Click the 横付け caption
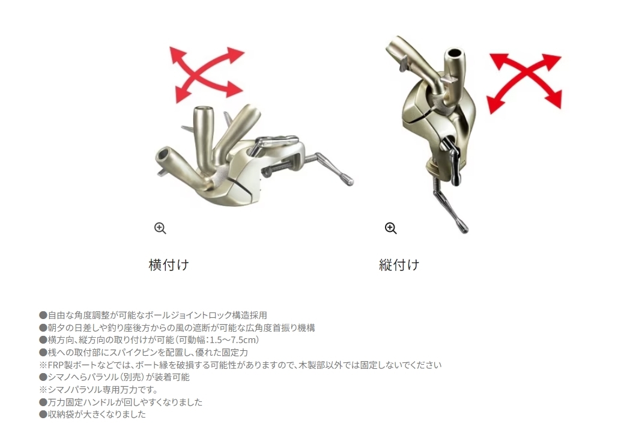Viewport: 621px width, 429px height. click(169, 264)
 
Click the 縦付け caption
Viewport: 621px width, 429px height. click(399, 264)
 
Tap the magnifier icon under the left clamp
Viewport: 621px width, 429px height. click(160, 228)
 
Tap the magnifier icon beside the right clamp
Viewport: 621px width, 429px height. click(390, 228)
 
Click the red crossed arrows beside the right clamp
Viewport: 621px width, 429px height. click(525, 82)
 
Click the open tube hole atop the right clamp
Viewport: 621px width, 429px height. click(454, 53)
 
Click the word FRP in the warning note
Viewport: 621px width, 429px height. click(55, 365)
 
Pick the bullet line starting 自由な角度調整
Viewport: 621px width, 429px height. click(153, 315)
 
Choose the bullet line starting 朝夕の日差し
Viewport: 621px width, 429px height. click(177, 327)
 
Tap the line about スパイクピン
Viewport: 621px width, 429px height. click(144, 353)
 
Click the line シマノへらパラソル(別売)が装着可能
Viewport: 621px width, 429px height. click(114, 377)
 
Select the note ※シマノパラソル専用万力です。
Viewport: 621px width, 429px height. click(98, 390)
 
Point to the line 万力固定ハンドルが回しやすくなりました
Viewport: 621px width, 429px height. click(121, 402)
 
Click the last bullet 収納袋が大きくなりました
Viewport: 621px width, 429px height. click(92, 415)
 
